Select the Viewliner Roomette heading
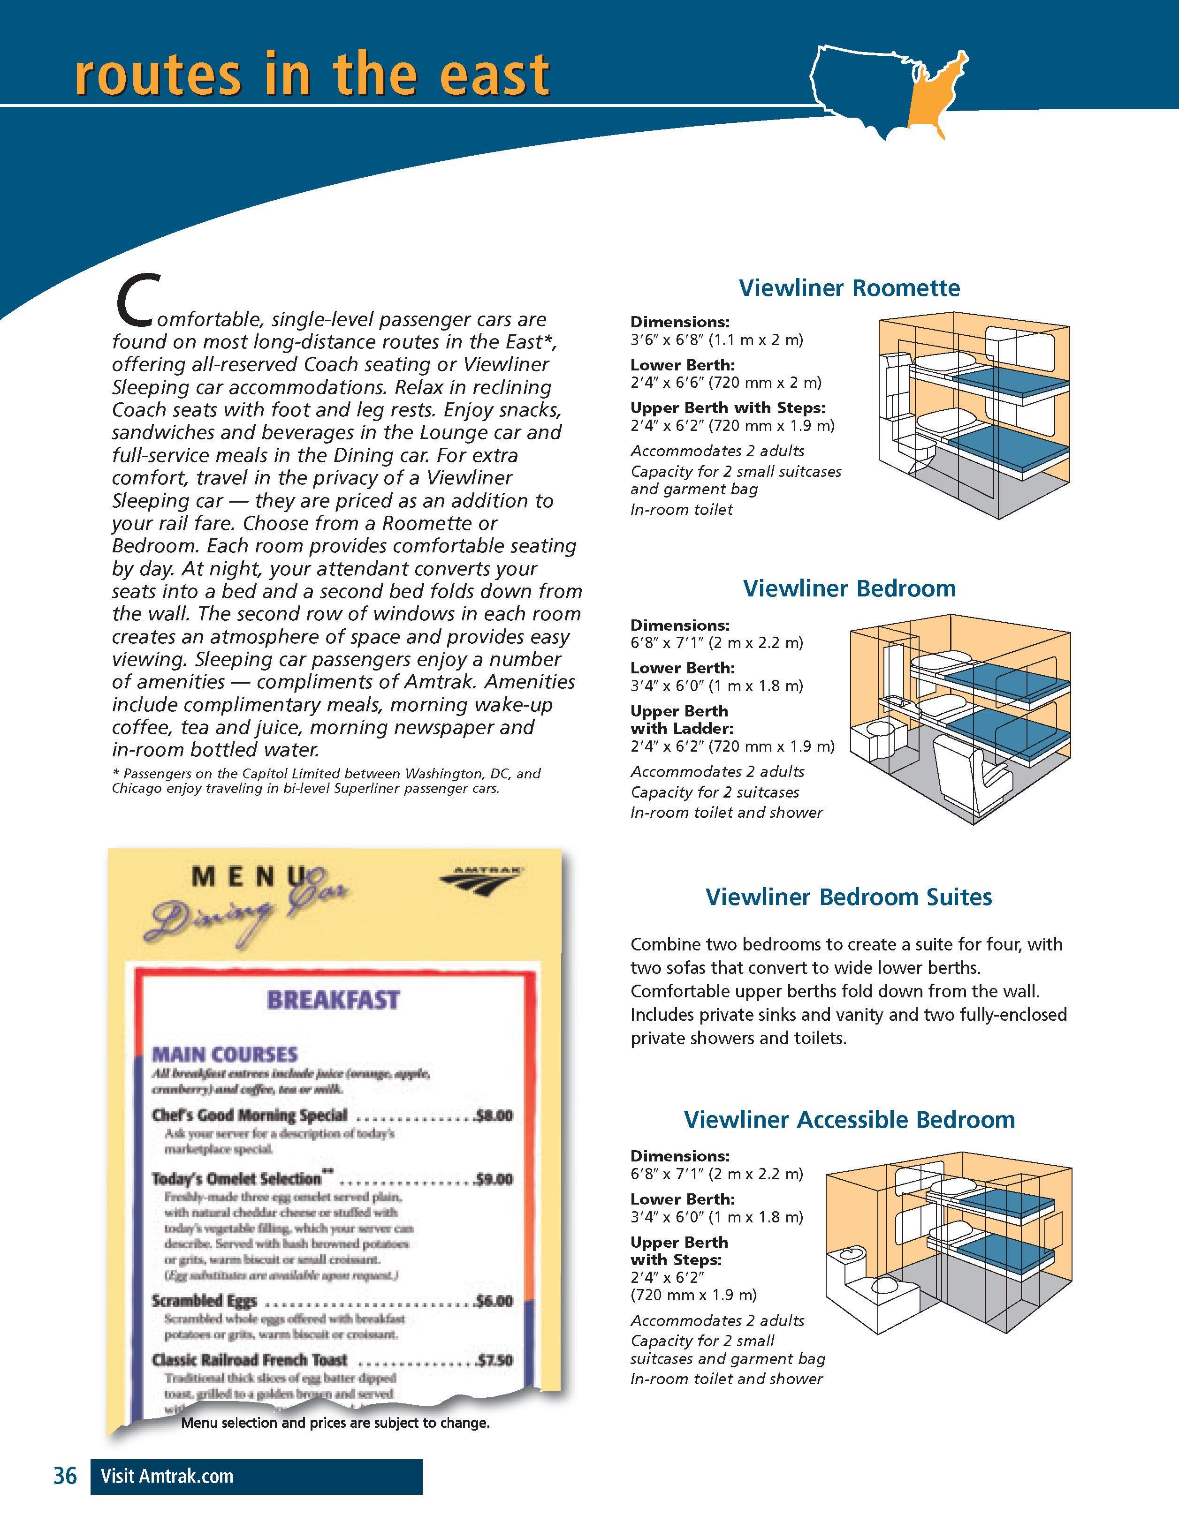[849, 288]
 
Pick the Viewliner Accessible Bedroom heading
[849, 1119]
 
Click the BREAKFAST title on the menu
[333, 1000]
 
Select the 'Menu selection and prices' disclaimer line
[335, 1423]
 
